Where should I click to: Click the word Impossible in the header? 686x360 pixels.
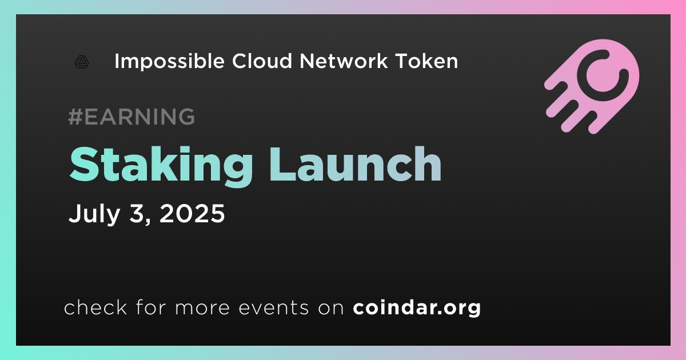169,62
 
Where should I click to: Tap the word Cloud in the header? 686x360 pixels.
262,61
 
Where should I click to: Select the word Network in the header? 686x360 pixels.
344,61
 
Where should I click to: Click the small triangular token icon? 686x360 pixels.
82,62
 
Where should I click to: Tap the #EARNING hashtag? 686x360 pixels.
131,117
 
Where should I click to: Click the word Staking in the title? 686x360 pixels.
161,166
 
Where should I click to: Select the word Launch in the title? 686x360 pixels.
355,164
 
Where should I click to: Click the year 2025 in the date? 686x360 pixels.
192,213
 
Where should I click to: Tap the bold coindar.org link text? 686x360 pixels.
417,307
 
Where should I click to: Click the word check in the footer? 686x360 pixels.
95,307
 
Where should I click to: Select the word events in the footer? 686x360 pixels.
273,307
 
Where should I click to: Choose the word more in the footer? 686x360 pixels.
202,308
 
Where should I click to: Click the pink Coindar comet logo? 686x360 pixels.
592,86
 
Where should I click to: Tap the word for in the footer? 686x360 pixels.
151,307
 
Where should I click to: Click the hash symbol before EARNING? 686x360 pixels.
75,117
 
